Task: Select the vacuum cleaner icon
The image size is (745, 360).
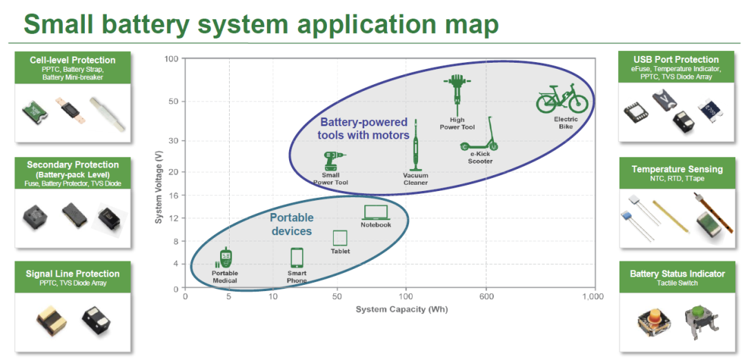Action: pos(415,147)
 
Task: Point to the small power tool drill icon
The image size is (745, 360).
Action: pos(333,161)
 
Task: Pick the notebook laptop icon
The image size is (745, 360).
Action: pos(376,212)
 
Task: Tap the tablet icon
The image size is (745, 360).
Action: pos(340,238)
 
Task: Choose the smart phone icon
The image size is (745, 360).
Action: pos(297,258)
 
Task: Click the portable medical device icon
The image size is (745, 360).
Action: pos(224,258)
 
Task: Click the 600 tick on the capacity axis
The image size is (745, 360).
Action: pos(486,297)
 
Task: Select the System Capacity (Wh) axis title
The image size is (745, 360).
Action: pos(402,310)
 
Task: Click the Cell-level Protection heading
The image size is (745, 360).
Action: pos(72,60)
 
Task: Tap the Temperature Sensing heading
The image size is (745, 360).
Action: pos(677,169)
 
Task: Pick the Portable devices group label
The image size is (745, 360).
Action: pos(291,224)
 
